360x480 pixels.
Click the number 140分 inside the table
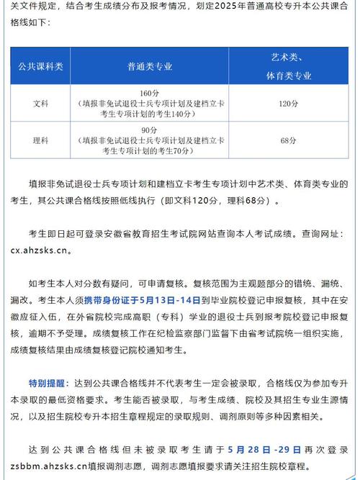coord(189,113)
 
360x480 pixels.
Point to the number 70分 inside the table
coord(182,150)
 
